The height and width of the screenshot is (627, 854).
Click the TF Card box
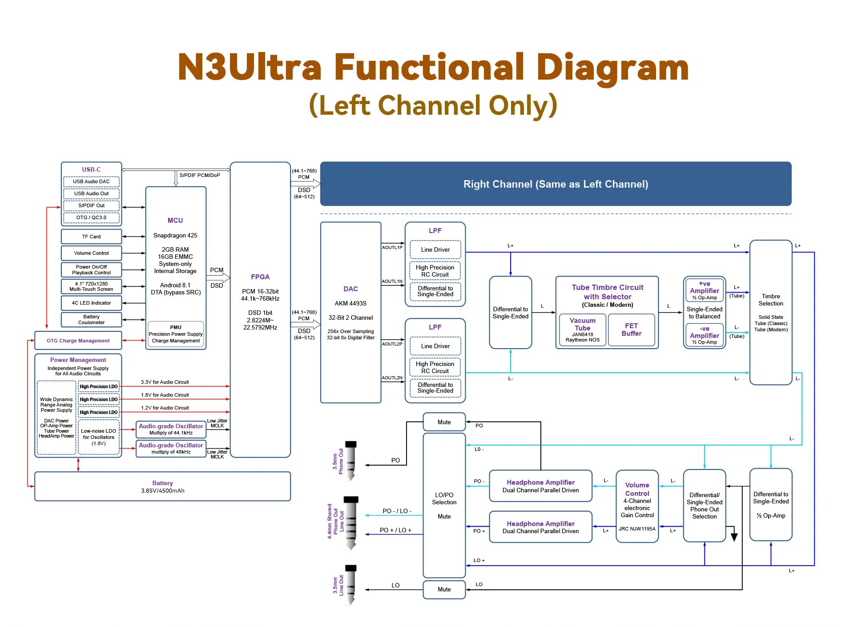click(x=91, y=237)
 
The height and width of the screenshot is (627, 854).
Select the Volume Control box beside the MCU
click(x=91, y=253)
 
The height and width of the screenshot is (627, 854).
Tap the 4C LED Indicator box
click(x=91, y=303)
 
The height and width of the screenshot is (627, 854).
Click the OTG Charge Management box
click(x=78, y=341)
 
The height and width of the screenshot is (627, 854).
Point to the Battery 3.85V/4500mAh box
click(x=162, y=486)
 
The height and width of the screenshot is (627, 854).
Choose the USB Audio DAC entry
click(x=91, y=181)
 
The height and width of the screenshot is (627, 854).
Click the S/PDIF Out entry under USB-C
click(x=91, y=205)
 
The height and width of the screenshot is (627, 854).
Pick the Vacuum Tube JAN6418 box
click(x=582, y=330)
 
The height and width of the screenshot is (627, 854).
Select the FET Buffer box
click(x=631, y=330)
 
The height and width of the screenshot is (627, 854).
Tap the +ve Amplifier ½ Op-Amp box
click(x=704, y=290)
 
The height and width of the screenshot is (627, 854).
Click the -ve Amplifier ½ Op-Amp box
click(x=704, y=335)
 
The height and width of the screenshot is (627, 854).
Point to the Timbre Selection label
click(x=770, y=300)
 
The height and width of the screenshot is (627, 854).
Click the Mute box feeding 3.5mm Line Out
click(x=444, y=589)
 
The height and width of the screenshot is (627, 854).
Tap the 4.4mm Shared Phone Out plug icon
click(x=351, y=522)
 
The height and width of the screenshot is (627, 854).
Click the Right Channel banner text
click(x=556, y=184)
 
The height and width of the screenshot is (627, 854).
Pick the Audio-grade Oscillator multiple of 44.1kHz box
click(x=171, y=429)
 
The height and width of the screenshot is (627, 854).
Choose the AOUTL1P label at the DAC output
click(x=392, y=247)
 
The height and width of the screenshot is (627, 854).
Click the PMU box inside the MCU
click(x=176, y=334)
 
